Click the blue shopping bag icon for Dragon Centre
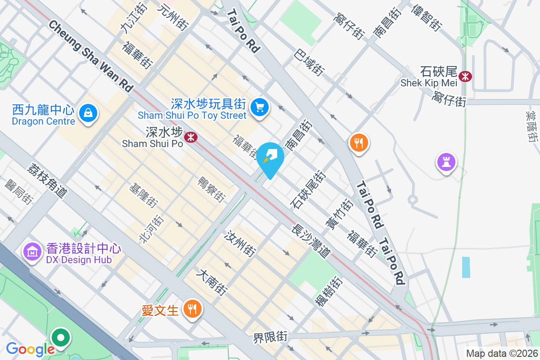point(88,113)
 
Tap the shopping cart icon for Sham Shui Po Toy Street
point(260,107)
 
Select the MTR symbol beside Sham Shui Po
point(191,137)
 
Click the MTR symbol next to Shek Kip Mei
point(465,76)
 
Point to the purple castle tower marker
point(446,162)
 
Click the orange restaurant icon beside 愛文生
point(193,309)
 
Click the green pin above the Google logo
point(60,337)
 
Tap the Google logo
point(30,349)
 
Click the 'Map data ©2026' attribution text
point(501,353)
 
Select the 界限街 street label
point(270,337)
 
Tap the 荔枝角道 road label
point(47,181)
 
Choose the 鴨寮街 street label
point(211,189)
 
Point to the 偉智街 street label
point(426,17)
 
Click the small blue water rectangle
point(466,267)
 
